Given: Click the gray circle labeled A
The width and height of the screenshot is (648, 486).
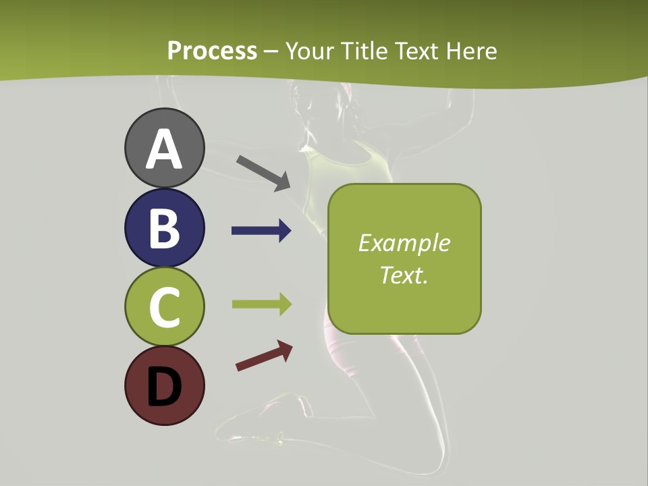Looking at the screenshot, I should click(x=164, y=148).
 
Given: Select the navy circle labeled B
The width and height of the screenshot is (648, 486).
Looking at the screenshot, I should click(x=164, y=227).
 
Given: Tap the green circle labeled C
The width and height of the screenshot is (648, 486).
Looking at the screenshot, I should click(x=164, y=306).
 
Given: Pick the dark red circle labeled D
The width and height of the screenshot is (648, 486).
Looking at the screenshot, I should click(x=164, y=385).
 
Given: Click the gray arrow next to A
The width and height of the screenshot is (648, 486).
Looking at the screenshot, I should click(x=263, y=172).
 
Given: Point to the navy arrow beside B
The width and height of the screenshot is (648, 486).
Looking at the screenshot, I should click(x=261, y=231).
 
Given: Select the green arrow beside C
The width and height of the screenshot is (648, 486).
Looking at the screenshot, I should click(x=261, y=304).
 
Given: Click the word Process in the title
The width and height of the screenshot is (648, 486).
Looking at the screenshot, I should click(x=212, y=51).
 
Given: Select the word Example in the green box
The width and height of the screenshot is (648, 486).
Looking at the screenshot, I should click(x=404, y=243).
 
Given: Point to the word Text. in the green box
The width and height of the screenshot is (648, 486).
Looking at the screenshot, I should click(x=404, y=275).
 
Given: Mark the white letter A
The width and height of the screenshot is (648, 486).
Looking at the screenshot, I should click(x=164, y=149).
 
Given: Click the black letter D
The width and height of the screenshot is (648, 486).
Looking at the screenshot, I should click(x=164, y=387).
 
